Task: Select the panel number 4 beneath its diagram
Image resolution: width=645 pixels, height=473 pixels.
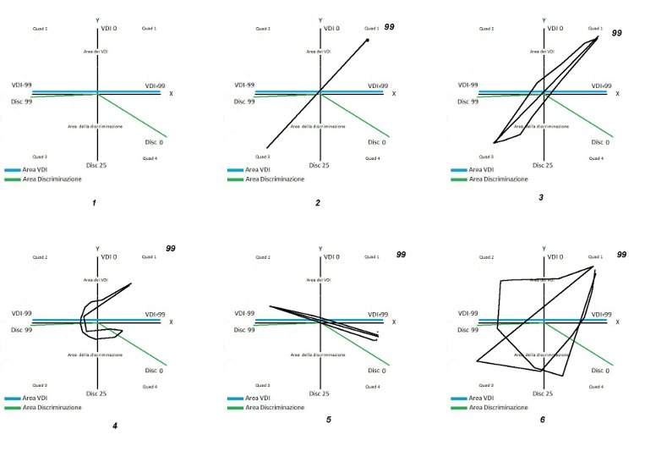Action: [x=114, y=425]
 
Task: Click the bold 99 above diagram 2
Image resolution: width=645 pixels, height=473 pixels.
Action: [x=390, y=27]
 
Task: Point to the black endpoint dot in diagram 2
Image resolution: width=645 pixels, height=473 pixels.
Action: [x=368, y=39]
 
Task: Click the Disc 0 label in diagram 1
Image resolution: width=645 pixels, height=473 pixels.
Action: [x=153, y=142]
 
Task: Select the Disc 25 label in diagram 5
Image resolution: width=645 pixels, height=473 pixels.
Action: [x=319, y=393]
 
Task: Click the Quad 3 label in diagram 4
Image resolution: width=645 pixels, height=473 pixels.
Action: [x=39, y=385]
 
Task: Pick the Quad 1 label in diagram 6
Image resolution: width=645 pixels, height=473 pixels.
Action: [x=595, y=256]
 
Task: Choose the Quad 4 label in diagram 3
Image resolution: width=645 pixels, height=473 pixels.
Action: [x=596, y=158]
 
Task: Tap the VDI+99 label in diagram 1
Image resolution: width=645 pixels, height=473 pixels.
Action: [x=155, y=85]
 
